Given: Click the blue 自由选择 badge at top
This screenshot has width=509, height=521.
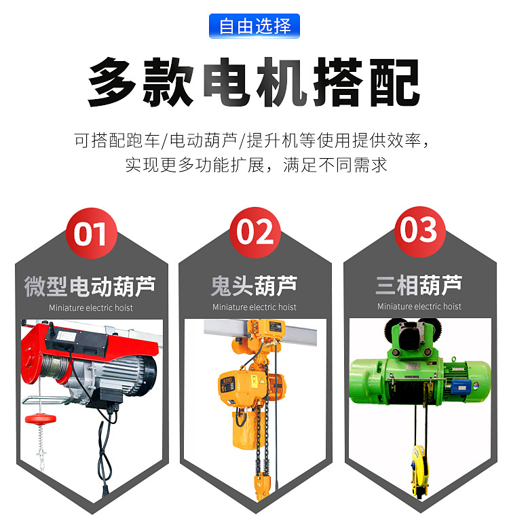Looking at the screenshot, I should (254, 26).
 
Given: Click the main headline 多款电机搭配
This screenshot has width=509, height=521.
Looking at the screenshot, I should (254, 83).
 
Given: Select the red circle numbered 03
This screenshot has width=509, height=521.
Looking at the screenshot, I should (419, 231).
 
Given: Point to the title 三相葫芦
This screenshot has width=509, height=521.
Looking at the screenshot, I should (419, 286).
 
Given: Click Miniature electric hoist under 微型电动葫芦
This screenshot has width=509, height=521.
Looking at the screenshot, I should (91, 308).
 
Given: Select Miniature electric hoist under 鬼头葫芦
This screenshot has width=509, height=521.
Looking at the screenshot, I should (254, 307).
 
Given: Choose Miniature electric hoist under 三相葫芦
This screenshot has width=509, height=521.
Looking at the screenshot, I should (419, 307).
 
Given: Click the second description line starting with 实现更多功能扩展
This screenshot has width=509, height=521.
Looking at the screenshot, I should (254, 164).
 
